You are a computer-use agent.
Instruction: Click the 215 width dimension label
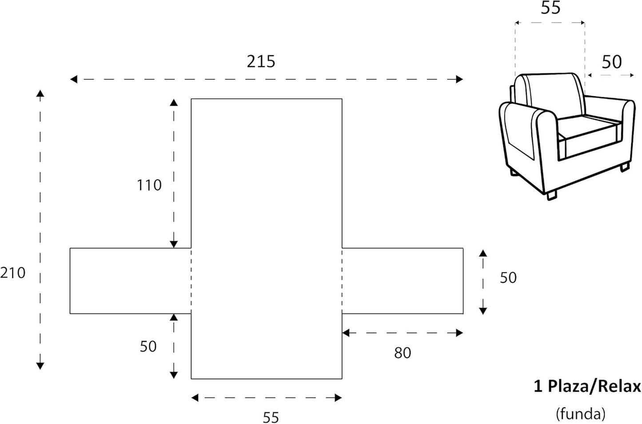[261, 61]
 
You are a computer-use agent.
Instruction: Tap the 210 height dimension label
[12, 273]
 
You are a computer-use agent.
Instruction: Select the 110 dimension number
[149, 185]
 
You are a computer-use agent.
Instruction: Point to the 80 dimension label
[403, 353]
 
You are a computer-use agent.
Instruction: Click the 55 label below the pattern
[271, 417]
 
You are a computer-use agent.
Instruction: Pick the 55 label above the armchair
[550, 8]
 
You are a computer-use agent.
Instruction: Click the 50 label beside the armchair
[612, 62]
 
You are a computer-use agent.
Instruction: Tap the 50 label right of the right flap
[508, 277]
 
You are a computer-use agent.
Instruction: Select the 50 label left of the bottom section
[148, 347]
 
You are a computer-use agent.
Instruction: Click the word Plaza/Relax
[594, 386]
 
